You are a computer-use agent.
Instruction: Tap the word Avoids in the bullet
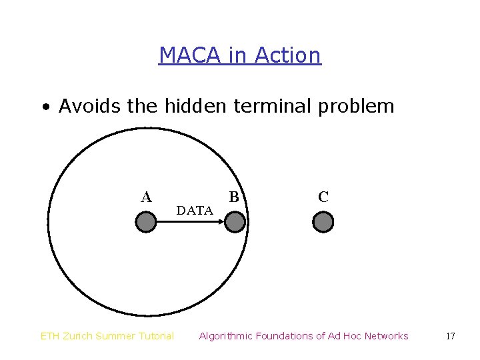point(90,106)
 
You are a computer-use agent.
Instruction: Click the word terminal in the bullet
point(274,106)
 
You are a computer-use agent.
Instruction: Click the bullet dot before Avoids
point(45,107)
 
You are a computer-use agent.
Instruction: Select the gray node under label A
point(145,222)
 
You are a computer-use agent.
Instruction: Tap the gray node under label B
point(235,222)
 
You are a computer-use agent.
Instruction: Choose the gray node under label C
point(323,222)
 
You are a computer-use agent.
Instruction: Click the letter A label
point(146,197)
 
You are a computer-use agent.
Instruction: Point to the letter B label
point(234,197)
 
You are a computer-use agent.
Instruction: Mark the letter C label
point(323,197)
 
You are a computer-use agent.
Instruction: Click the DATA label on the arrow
point(195,211)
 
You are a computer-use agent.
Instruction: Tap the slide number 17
point(450,336)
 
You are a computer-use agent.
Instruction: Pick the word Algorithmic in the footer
point(226,336)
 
